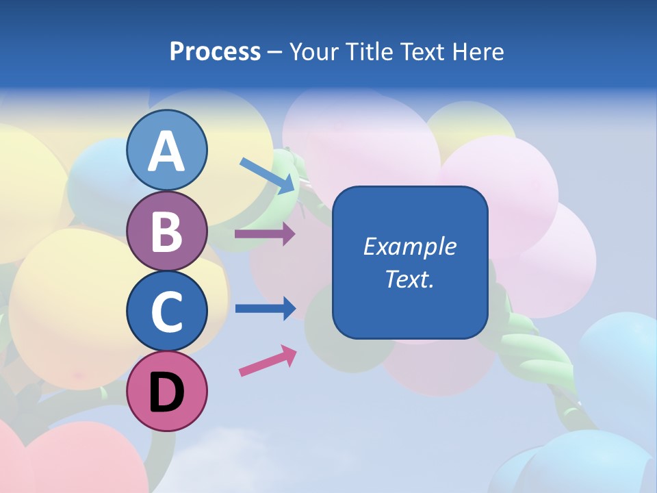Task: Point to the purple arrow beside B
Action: (x=265, y=234)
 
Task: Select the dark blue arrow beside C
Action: (x=265, y=308)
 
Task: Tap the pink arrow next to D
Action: (x=268, y=361)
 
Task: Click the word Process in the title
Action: (x=215, y=51)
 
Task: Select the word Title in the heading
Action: (x=370, y=51)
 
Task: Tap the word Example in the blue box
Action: (x=409, y=246)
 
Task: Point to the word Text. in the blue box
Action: (x=409, y=279)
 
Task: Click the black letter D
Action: (x=166, y=393)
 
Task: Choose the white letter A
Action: (x=166, y=152)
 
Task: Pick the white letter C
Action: (x=166, y=312)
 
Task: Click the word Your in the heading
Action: (x=315, y=51)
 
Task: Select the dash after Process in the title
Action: (x=274, y=53)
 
